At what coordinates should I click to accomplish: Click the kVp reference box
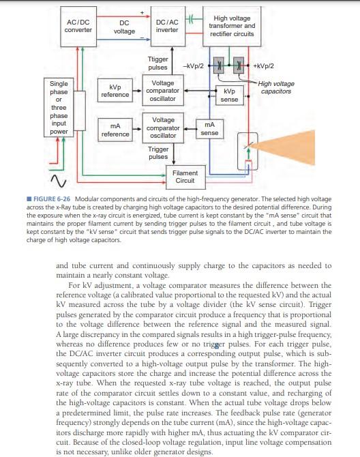click(114, 91)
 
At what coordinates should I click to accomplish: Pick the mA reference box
click(114, 130)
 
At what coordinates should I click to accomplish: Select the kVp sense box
click(229, 95)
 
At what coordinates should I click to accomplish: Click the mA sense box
click(209, 129)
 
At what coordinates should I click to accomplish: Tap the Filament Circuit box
click(185, 177)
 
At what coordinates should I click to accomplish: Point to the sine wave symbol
click(55, 181)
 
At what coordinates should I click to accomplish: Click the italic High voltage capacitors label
click(277, 87)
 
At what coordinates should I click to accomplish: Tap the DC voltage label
click(123, 27)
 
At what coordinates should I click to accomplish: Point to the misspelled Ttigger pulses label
click(158, 63)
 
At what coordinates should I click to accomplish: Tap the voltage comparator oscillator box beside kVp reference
click(162, 91)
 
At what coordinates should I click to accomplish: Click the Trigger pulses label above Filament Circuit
click(158, 152)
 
